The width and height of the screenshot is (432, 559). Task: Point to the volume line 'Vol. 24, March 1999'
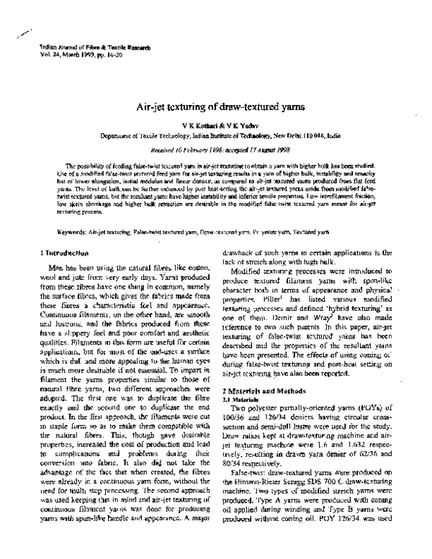(x=56, y=54)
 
